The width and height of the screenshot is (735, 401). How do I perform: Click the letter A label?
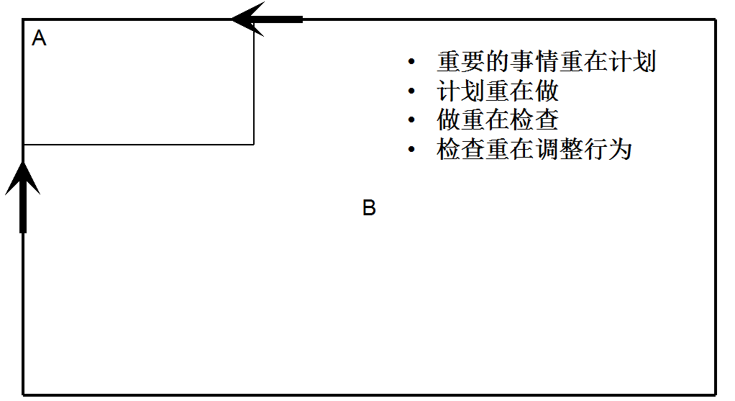click(40, 39)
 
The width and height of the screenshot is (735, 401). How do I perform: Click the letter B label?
click(369, 209)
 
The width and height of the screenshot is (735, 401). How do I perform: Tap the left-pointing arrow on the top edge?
click(266, 19)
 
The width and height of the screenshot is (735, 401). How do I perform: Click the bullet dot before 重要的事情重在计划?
click(411, 62)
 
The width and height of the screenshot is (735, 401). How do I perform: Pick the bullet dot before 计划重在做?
click(411, 91)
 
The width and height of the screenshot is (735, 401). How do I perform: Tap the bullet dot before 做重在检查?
click(411, 120)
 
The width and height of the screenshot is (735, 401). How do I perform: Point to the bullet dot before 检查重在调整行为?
click(411, 150)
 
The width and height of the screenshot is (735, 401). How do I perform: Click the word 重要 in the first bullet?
click(460, 62)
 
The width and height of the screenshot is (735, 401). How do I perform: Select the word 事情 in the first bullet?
click(534, 62)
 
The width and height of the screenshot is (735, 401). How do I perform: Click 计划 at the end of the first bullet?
click(632, 62)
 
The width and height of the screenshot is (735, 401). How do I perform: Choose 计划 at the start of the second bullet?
click(460, 91)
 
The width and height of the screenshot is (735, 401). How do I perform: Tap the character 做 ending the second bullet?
click(547, 91)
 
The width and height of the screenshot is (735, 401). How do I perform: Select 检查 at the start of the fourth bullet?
click(460, 150)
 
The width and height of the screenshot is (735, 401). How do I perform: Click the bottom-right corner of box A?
click(254, 144)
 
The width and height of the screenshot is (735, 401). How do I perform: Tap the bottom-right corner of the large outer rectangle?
click(715, 394)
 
